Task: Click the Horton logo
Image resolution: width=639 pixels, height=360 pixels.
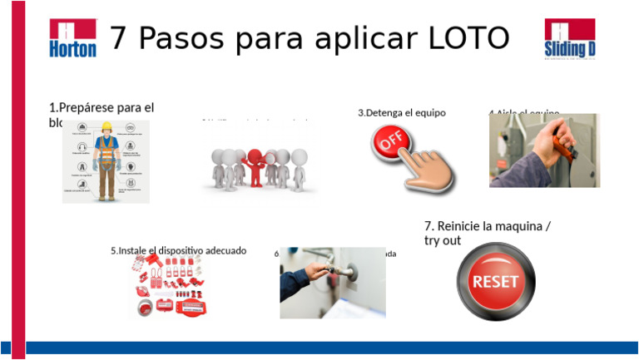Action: [72, 38]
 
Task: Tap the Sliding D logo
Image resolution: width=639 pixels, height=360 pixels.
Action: [570, 39]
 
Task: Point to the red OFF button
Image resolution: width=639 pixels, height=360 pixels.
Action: [392, 142]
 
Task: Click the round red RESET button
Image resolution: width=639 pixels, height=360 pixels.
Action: [495, 281]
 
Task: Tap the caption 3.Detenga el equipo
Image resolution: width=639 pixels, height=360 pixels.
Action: [402, 112]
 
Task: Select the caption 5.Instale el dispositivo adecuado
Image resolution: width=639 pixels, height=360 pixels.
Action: [178, 250]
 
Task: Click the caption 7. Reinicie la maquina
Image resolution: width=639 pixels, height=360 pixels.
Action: [488, 226]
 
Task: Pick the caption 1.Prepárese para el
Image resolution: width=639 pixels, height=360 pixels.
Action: [102, 107]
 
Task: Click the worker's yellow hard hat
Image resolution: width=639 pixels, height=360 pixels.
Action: [106, 127]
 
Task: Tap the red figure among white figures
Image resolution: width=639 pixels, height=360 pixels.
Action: [256, 163]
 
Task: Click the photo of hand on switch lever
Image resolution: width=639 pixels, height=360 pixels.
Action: [543, 150]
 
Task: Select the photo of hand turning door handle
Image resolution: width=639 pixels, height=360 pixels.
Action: [332, 283]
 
